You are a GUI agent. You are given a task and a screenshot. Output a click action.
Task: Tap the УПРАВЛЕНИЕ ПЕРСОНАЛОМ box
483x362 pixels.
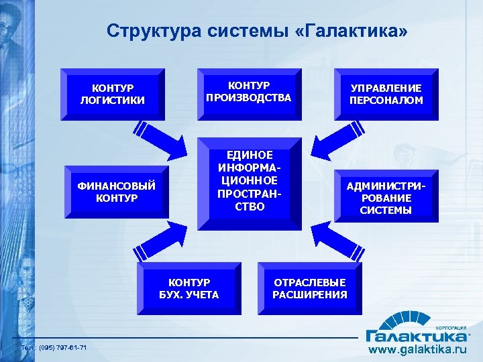(x=385, y=95)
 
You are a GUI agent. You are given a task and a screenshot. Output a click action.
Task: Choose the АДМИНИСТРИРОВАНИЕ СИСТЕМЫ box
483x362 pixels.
(x=385, y=198)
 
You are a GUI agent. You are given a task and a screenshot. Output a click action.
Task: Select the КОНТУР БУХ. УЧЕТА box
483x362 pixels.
(x=189, y=288)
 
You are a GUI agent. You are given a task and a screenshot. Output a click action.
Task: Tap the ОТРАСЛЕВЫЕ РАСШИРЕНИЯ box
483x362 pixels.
(x=309, y=288)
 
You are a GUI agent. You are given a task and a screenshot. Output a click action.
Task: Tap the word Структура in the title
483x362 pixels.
(x=145, y=32)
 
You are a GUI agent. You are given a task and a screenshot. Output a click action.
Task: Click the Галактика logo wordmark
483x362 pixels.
(x=416, y=334)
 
